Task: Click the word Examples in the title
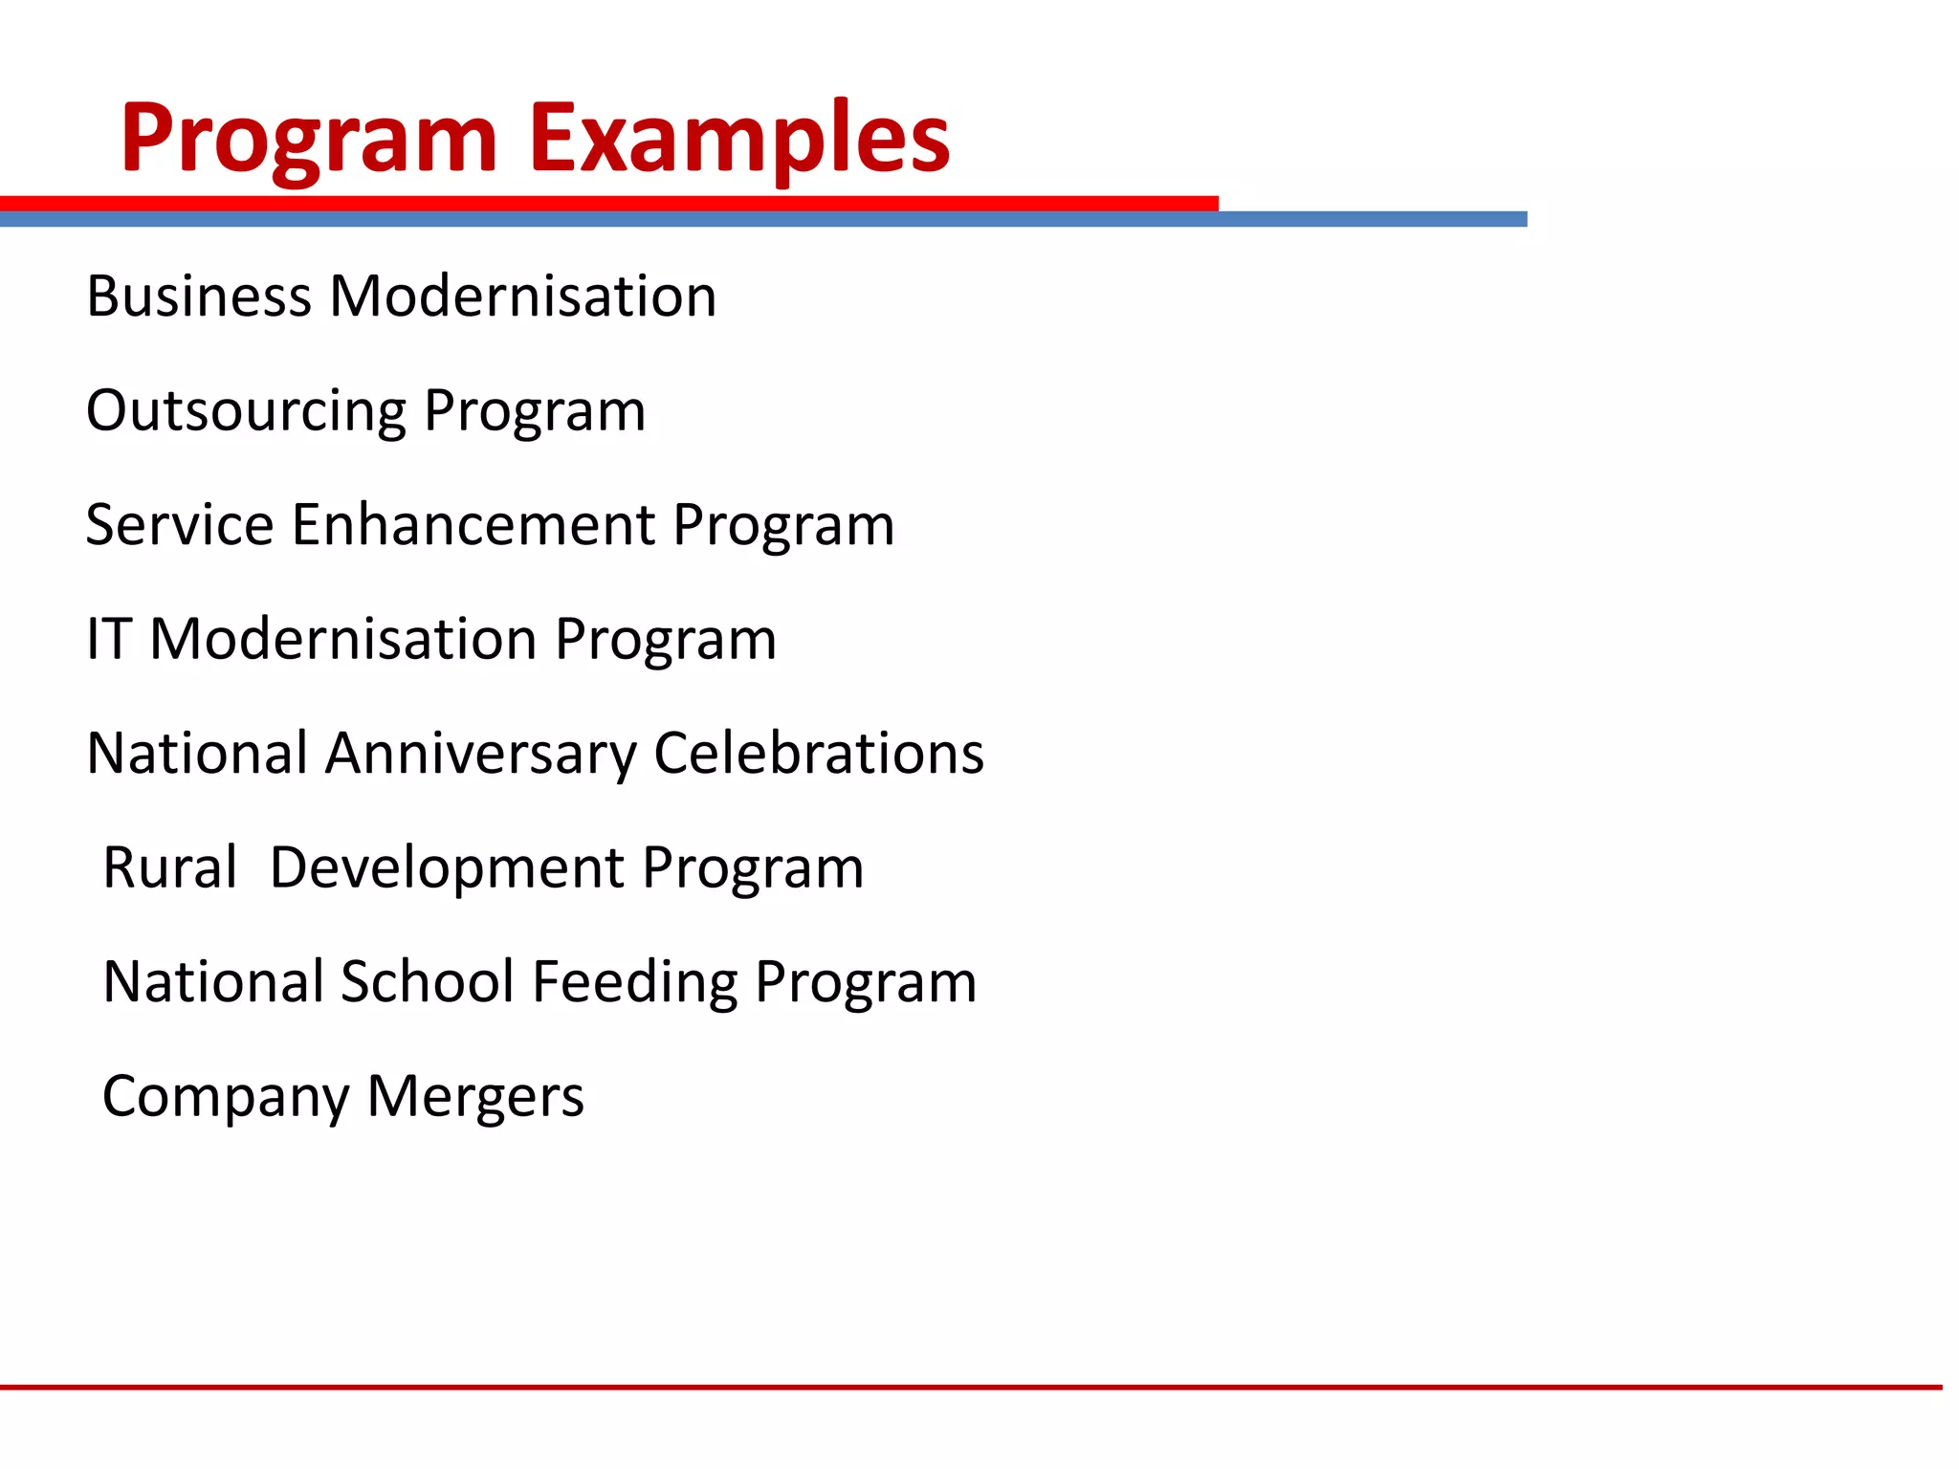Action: tap(739, 139)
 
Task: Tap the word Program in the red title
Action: tap(309, 139)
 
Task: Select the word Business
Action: tap(199, 296)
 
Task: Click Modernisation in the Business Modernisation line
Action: tap(523, 296)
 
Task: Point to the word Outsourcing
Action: tap(246, 411)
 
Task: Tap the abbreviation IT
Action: tap(108, 639)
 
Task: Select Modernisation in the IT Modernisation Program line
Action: tap(343, 639)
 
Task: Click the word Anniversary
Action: tap(480, 754)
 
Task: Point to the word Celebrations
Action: tap(819, 754)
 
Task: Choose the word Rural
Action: tap(169, 867)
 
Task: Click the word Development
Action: tap(447, 867)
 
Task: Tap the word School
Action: tap(428, 982)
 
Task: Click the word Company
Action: tap(226, 1097)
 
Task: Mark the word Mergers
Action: tap(475, 1097)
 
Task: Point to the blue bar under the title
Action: tap(1368, 219)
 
